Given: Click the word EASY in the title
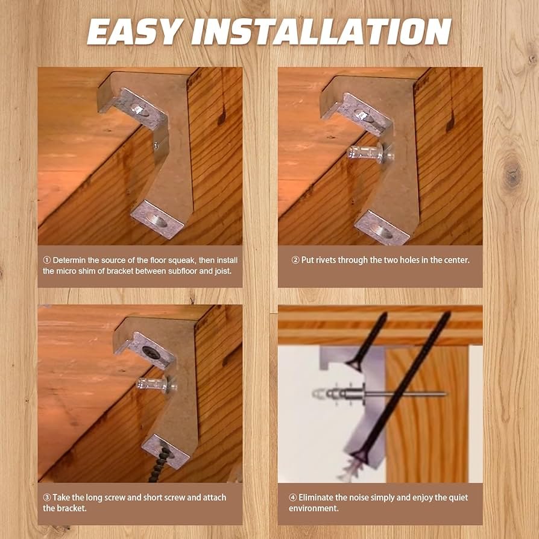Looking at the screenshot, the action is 135,31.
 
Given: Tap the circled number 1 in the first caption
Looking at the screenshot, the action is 47,260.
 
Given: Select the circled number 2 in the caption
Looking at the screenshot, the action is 295,260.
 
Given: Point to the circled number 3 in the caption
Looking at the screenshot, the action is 47,497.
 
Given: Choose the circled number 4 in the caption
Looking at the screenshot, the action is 292,497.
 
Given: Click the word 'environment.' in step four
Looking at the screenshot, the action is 314,508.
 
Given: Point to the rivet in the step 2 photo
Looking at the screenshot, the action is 371,153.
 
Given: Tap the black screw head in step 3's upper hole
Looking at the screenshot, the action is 151,352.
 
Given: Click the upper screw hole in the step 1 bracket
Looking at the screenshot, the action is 139,110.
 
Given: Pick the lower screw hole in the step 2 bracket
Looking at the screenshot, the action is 382,232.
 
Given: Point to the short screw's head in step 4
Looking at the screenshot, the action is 354,364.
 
